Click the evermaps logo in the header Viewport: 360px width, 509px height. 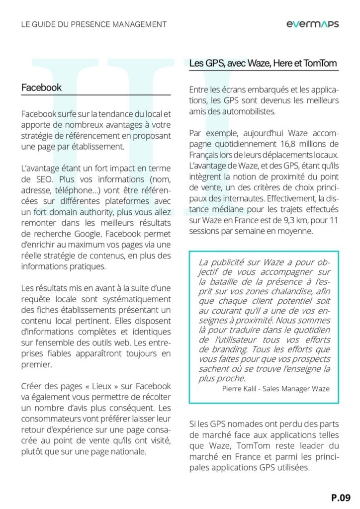coord(312,24)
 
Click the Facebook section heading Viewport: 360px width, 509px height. coord(41,87)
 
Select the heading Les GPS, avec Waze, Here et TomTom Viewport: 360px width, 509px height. coord(263,63)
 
